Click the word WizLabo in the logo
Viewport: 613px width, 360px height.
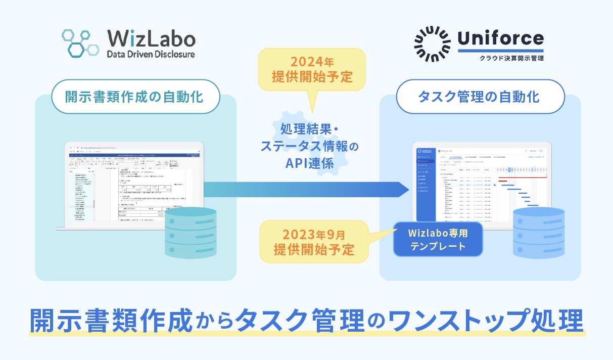(x=151, y=38)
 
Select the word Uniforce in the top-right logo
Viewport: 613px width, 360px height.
(x=500, y=38)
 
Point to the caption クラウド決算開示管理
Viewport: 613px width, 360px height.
(x=512, y=58)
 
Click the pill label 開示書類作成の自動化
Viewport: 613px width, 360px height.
(x=135, y=96)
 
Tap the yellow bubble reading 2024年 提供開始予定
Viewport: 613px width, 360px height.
(x=312, y=70)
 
